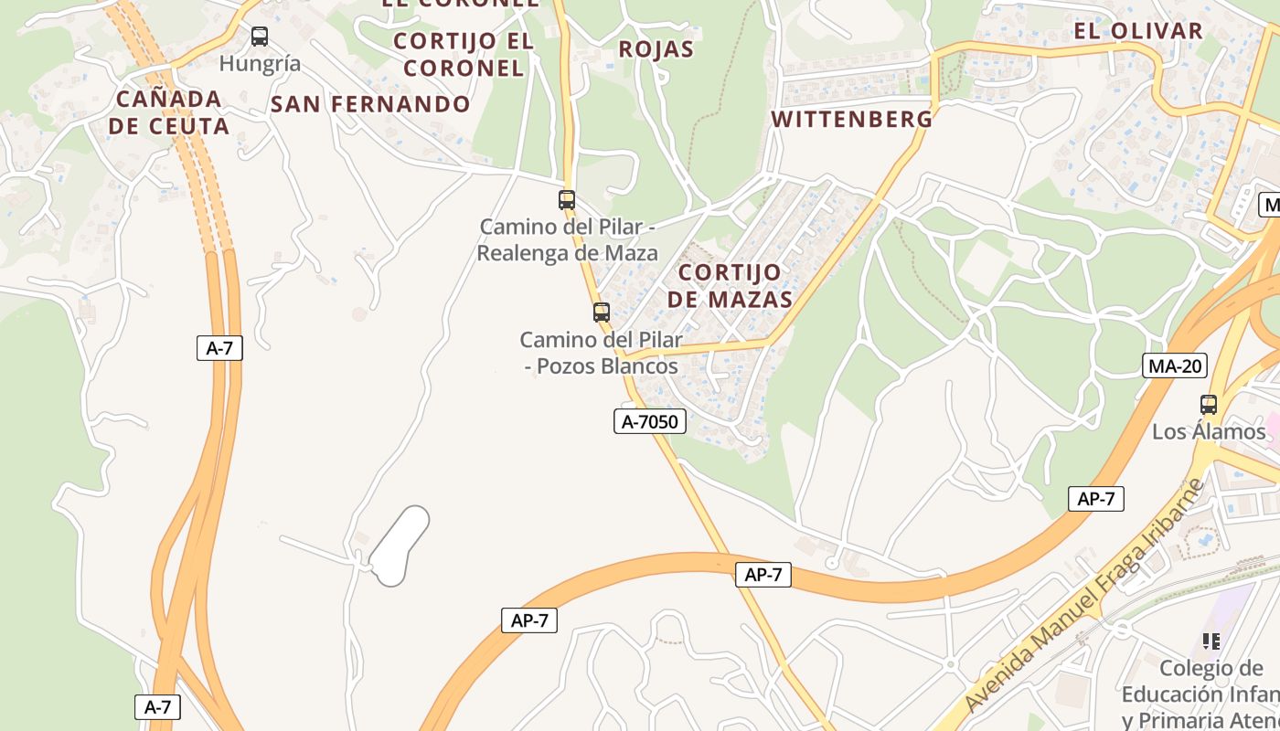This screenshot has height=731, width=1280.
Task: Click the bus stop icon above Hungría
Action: coord(260,37)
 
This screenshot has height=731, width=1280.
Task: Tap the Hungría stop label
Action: coord(260,64)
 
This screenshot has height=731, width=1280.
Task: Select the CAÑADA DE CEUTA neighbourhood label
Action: coord(169,112)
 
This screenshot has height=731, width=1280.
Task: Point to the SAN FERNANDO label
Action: coord(370,104)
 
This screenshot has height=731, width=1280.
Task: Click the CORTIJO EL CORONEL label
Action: coord(464,54)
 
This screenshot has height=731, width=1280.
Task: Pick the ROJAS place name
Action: coord(656,49)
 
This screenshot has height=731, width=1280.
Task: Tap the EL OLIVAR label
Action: coord(1138,31)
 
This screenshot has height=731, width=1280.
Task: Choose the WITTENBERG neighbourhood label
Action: coord(852,120)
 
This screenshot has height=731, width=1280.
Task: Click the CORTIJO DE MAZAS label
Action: coord(730,286)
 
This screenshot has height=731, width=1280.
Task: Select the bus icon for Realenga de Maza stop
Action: coord(567,200)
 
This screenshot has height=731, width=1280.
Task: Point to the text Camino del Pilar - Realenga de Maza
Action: coord(568,239)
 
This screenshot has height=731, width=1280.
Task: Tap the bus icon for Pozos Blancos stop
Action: coord(601,313)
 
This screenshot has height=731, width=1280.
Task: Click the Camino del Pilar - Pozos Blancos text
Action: coord(602,354)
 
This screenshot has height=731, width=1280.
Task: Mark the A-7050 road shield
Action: coord(649,421)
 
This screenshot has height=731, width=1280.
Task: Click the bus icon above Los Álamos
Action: coord(1209,405)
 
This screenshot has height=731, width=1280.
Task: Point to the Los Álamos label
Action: coord(1209,431)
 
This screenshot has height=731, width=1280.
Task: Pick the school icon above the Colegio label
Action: coord(1211,641)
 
